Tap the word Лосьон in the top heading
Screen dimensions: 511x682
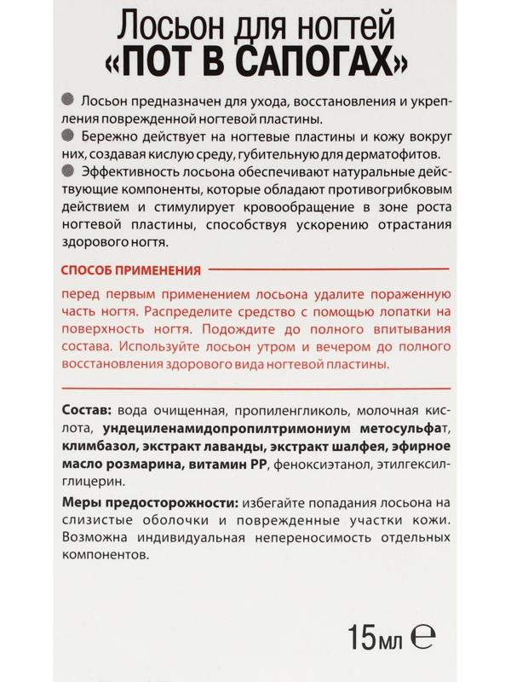(x=155, y=23)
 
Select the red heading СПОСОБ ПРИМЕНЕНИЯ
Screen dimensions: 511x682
(x=132, y=269)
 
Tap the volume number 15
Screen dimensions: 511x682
(x=365, y=636)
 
